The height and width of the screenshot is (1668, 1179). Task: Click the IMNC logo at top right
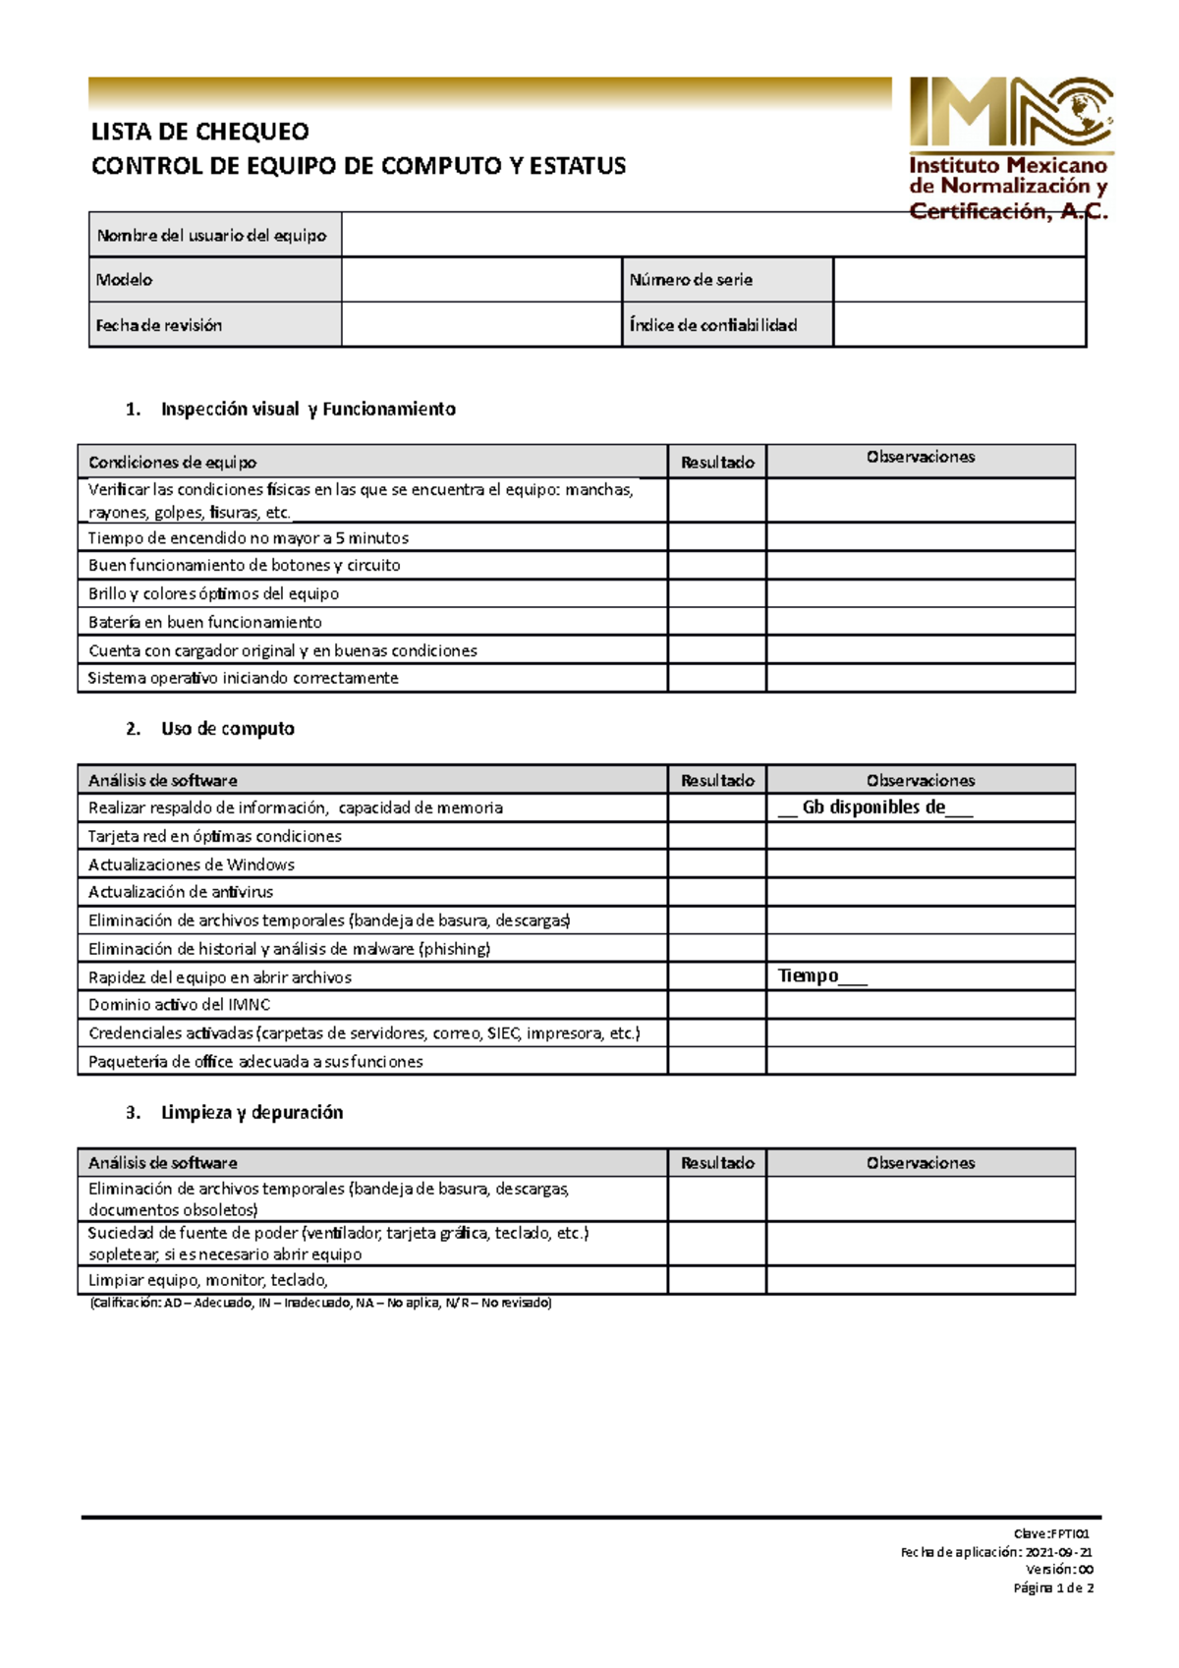tap(1010, 147)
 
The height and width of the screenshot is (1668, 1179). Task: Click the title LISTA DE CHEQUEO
tap(200, 132)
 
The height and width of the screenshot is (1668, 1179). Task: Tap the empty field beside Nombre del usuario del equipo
tap(712, 235)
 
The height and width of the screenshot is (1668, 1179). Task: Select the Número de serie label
tap(691, 280)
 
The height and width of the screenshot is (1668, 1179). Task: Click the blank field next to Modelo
tap(481, 280)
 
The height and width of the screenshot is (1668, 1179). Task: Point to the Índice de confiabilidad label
tap(713, 325)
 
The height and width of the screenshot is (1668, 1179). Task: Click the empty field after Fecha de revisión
tap(481, 325)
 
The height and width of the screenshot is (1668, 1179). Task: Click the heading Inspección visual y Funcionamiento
tap(308, 409)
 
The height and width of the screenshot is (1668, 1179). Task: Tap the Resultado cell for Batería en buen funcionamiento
tap(716, 622)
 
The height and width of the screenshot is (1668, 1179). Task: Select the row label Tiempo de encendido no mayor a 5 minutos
tap(248, 538)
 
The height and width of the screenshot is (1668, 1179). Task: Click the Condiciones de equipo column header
tap(172, 462)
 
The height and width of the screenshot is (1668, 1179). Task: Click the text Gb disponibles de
tap(873, 807)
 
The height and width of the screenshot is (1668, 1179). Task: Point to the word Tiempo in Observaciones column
tap(809, 975)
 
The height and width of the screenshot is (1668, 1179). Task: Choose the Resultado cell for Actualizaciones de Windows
tap(716, 864)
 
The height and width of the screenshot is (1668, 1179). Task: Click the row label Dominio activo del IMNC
tap(179, 1005)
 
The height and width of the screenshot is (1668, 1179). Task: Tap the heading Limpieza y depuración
tap(252, 1112)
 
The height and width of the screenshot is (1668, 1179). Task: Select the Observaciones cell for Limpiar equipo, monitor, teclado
tap(920, 1280)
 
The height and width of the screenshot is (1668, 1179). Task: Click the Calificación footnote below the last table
tap(320, 1303)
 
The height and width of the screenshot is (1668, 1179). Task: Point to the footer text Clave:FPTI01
tap(1051, 1533)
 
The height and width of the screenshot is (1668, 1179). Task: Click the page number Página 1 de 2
tap(1053, 1587)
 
